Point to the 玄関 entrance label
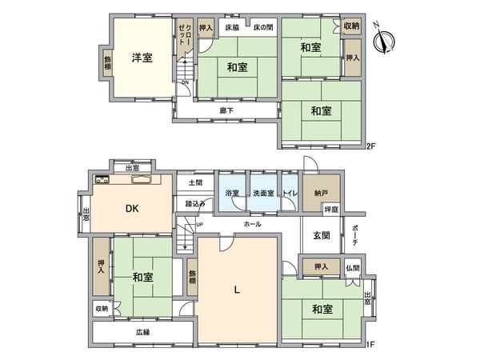point(322,235)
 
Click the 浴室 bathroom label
point(231,193)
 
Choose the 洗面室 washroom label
point(263,193)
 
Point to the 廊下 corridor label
point(226,110)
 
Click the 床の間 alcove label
point(263,27)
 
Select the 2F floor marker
point(370,146)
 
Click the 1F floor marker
point(370,344)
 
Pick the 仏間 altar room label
point(353,267)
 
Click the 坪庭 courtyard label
point(330,210)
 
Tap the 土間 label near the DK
point(195,182)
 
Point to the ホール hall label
point(251,225)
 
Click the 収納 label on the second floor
point(351,26)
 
